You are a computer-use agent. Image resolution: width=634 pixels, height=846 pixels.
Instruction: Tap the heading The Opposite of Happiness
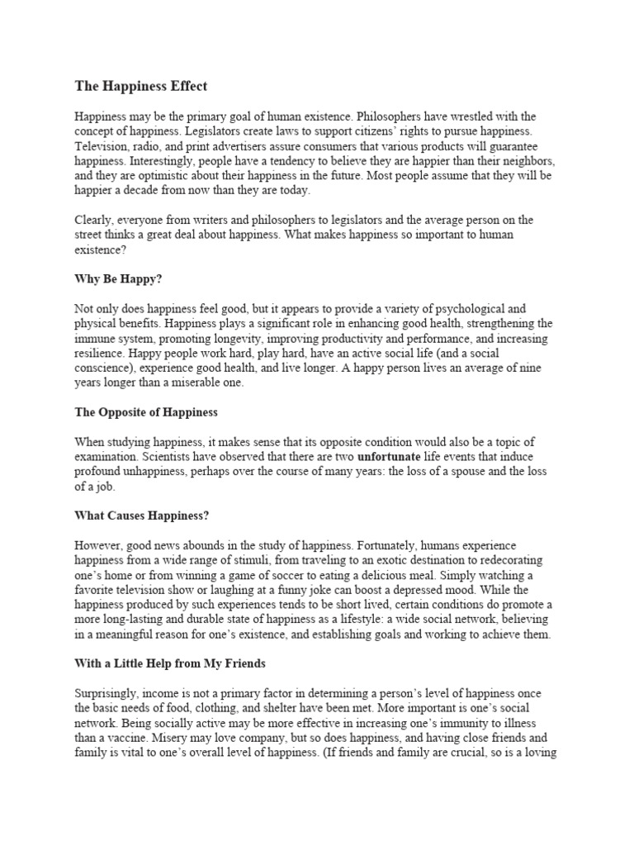pyautogui.click(x=146, y=411)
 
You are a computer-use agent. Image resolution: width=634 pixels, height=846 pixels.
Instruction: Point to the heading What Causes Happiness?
pyautogui.click(x=141, y=516)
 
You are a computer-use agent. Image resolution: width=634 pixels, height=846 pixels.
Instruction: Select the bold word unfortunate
pyautogui.click(x=389, y=456)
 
